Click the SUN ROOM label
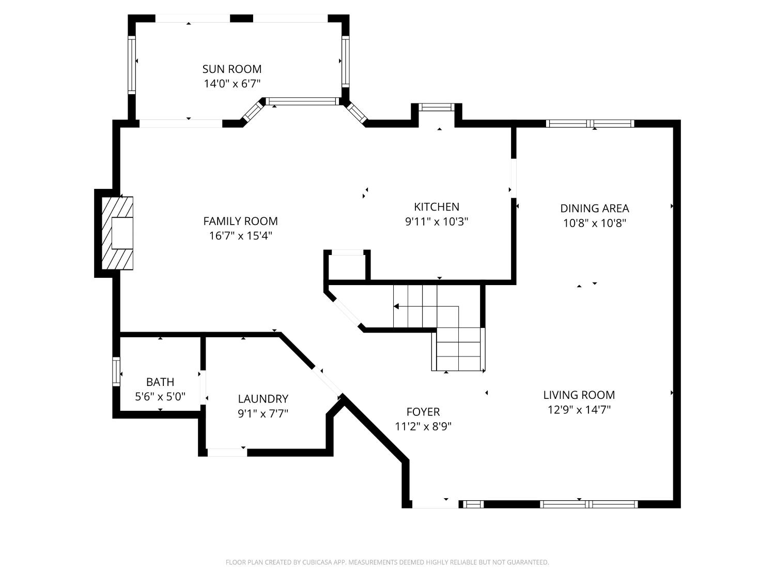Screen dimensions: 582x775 [x=231, y=69]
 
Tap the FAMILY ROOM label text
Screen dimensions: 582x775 [x=240, y=221]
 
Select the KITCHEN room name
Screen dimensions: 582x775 [x=437, y=206]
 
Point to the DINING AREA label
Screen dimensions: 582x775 [x=594, y=208]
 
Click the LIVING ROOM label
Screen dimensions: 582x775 [x=579, y=395]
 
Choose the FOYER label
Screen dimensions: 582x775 [x=423, y=411]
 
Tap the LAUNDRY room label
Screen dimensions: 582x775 [x=263, y=398]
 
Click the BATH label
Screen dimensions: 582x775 [x=160, y=382]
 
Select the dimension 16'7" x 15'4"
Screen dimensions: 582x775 [x=240, y=236]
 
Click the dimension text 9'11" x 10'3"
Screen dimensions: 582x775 [x=437, y=221]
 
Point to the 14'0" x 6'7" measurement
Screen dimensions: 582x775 [x=231, y=83]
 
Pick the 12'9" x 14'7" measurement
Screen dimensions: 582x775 [x=579, y=410]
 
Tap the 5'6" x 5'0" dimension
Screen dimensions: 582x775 [x=160, y=397]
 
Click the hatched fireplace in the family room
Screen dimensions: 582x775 [x=117, y=233]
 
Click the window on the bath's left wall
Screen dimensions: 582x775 [x=116, y=371]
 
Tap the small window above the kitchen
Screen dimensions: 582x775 [x=436, y=107]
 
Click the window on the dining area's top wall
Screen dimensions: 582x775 [x=590, y=123]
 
